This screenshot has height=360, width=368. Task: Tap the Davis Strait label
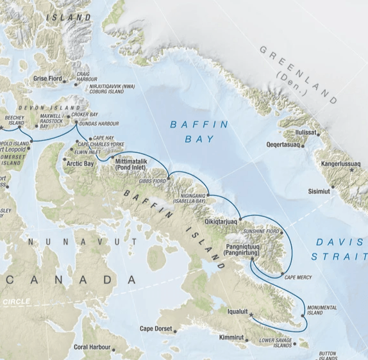(x=339, y=249)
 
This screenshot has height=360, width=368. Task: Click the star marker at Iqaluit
(x=251, y=315)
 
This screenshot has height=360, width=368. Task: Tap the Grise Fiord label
(x=47, y=79)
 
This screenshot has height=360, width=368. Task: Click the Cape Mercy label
(x=299, y=277)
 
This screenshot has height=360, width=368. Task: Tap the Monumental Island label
(x=321, y=310)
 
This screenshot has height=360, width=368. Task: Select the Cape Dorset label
(x=156, y=329)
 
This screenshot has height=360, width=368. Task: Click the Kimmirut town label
(x=231, y=336)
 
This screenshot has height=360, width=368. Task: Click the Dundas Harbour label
(x=99, y=123)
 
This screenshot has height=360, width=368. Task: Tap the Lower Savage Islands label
(x=276, y=343)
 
